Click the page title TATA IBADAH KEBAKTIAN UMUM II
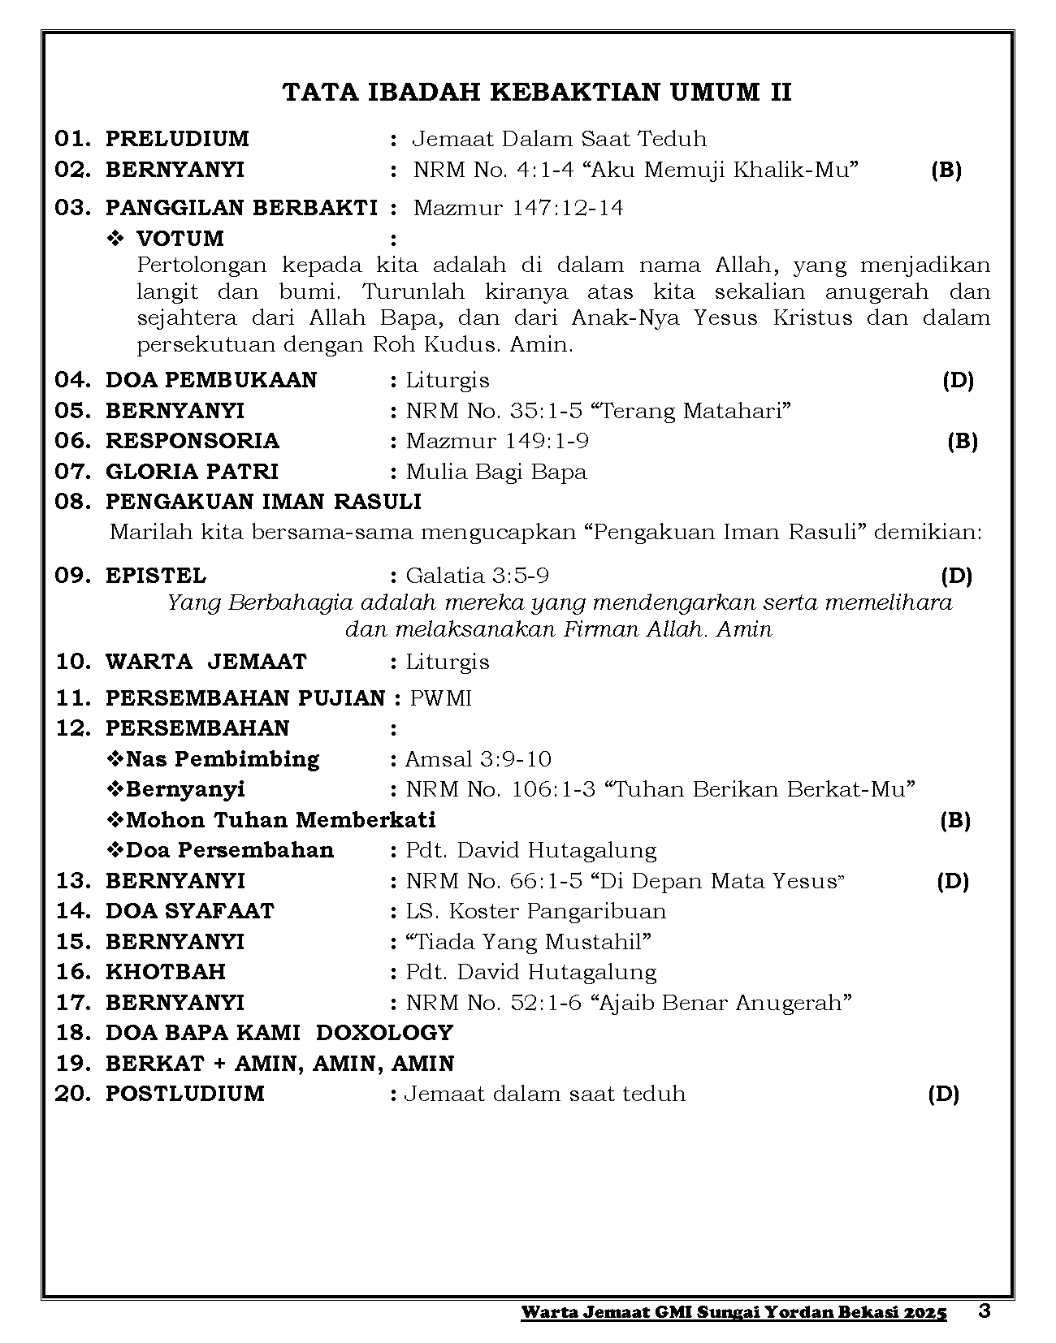(537, 93)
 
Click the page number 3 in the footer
(985, 1311)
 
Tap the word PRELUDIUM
(177, 139)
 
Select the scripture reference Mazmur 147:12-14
(518, 208)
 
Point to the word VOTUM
(180, 239)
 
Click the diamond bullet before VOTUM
(115, 239)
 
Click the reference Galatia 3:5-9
(478, 576)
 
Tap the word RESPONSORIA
(193, 441)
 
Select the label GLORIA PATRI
(192, 472)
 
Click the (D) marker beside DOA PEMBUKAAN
(958, 380)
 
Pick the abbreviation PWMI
(441, 698)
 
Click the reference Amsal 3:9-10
(478, 759)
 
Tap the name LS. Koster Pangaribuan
(536, 911)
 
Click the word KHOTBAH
(166, 972)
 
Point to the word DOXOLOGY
(384, 1033)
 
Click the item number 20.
(71, 1094)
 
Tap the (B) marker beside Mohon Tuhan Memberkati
(955, 820)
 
